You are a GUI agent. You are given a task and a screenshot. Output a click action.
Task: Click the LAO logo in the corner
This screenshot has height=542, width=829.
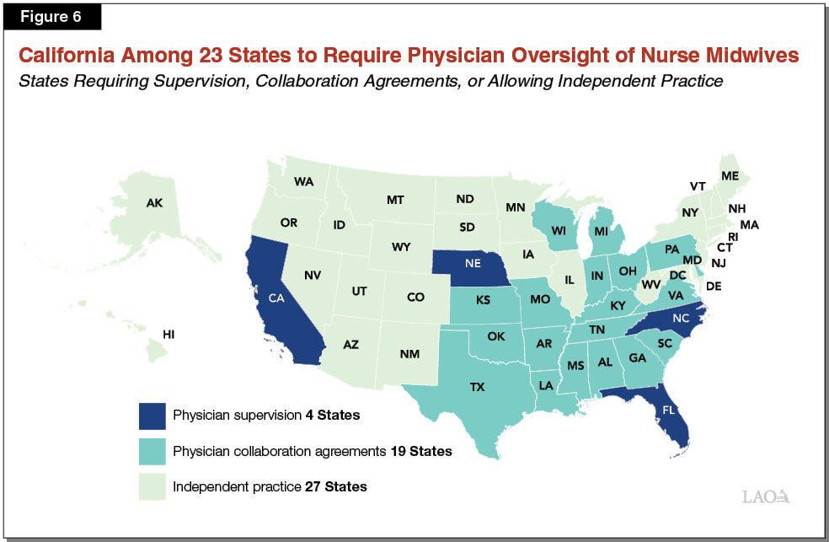(767, 496)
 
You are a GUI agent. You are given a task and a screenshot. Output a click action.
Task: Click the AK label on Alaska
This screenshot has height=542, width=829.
(155, 203)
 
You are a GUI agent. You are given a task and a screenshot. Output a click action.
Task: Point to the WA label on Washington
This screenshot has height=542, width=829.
(304, 181)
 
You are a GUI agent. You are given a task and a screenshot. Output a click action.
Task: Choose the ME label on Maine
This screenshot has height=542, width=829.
(730, 176)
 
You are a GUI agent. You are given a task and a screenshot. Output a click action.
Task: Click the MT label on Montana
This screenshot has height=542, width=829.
(395, 200)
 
